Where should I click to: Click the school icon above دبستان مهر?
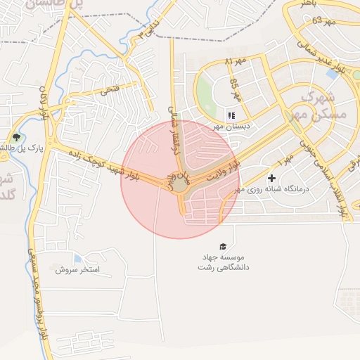point(230,115)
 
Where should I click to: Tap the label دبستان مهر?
point(228,127)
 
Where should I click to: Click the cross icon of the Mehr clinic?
point(271,178)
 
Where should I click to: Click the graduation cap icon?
point(223,246)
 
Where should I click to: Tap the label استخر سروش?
point(77,269)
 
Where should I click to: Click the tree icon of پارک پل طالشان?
point(16,137)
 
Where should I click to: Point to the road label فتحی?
point(110,89)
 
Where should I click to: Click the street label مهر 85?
point(234,88)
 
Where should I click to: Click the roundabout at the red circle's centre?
point(180,184)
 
